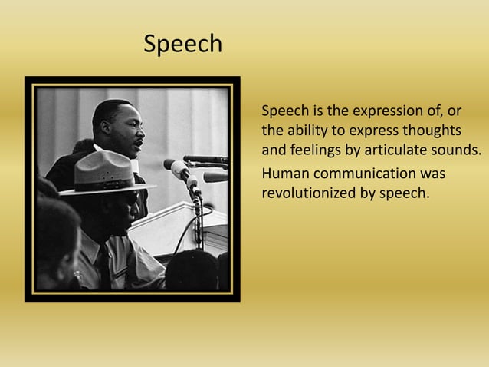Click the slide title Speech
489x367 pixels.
click(x=183, y=45)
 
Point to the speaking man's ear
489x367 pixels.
click(x=105, y=127)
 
